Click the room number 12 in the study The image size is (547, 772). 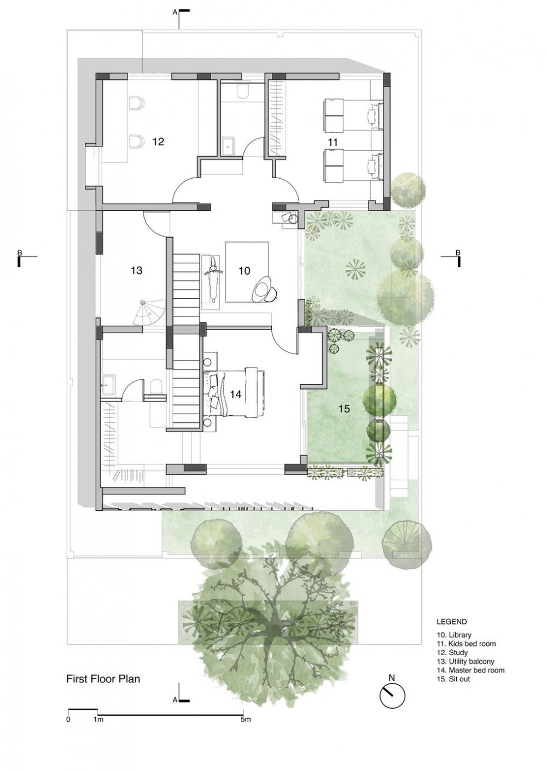(159, 142)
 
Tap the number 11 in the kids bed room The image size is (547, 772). (333, 142)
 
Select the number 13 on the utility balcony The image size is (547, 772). (137, 270)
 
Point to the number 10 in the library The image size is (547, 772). (245, 270)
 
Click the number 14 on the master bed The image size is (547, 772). (236, 394)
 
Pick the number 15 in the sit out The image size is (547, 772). (345, 409)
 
